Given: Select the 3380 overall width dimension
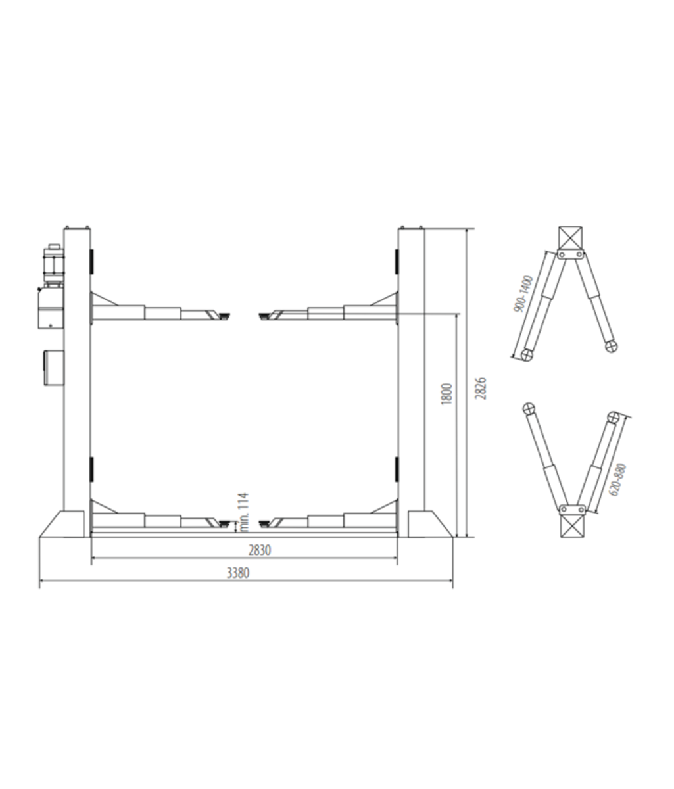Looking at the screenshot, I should [237, 573].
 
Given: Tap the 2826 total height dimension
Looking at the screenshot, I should [481, 390].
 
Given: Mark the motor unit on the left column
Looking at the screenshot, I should [52, 266].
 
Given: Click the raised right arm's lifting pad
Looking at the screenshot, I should [266, 317].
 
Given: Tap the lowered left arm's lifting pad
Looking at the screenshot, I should [224, 524].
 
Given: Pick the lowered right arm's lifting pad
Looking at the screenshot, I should [266, 524].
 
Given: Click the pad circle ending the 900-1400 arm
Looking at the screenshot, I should [526, 354].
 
